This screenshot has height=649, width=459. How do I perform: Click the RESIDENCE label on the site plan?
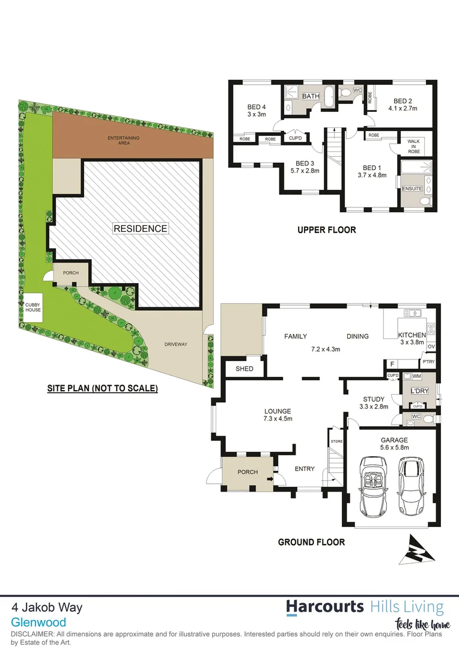coord(140,228)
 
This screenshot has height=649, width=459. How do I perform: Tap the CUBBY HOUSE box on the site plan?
coord(32,306)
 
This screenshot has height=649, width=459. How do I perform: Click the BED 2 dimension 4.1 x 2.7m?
coord(402,109)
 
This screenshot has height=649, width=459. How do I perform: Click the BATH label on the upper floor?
coord(311,97)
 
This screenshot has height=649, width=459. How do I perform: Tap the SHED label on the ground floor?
coord(245,369)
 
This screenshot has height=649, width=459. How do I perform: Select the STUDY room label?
coord(373,399)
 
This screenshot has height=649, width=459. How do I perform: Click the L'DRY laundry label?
coord(418,391)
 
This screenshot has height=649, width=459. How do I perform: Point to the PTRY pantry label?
coord(428,361)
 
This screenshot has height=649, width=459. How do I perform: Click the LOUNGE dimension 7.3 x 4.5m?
coord(278,419)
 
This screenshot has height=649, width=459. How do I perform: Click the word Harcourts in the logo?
coord(324,606)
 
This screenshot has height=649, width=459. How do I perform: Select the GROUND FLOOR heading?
coord(311,542)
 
